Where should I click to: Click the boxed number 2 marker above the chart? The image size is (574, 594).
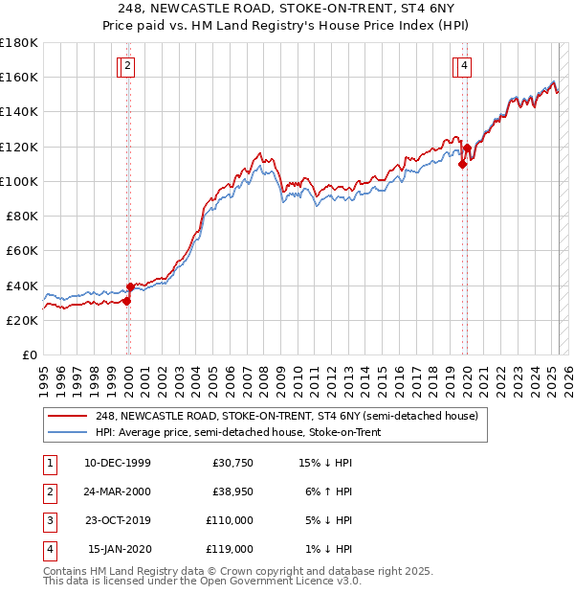(x=128, y=66)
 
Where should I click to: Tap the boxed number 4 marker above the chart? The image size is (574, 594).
(x=463, y=66)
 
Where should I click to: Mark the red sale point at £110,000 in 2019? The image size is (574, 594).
(x=462, y=164)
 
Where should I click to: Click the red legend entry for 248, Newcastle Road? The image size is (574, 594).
(x=293, y=416)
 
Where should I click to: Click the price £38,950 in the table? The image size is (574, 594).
(x=232, y=492)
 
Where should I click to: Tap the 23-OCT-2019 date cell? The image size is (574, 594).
(x=118, y=520)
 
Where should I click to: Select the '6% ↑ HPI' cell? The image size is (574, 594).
(x=328, y=492)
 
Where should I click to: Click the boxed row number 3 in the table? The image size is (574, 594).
(x=48, y=520)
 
